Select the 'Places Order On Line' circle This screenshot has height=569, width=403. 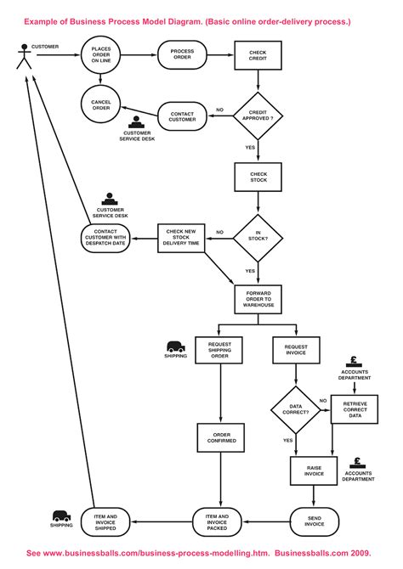pyautogui.click(x=101, y=54)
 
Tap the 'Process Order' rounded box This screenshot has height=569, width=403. pyautogui.click(x=182, y=54)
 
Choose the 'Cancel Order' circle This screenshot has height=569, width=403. pyautogui.click(x=101, y=105)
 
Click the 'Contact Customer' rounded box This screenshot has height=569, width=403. pyautogui.click(x=182, y=116)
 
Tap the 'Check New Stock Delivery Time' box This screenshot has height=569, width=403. pyautogui.click(x=182, y=238)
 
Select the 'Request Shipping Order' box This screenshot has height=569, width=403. pyautogui.click(x=219, y=350)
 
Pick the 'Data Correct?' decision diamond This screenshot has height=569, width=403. pyautogui.click(x=296, y=411)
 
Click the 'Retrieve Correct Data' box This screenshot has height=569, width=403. pyautogui.click(x=355, y=411)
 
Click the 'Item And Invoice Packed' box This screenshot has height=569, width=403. pyautogui.click(x=219, y=520)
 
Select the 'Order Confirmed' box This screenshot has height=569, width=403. pyautogui.click(x=219, y=438)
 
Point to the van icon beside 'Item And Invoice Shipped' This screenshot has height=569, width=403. pyautogui.click(x=61, y=515)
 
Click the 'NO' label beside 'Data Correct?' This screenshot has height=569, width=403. pyautogui.click(x=323, y=400)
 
